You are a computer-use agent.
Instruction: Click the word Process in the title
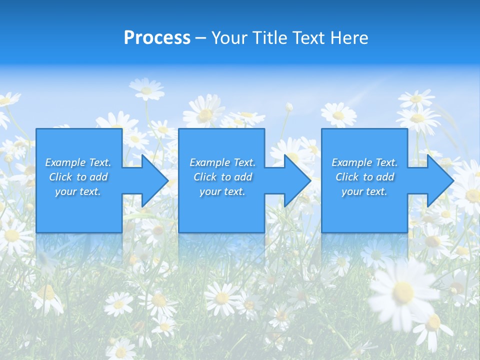157,38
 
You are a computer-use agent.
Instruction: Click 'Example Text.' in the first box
78,162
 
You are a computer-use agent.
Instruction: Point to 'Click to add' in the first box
78,177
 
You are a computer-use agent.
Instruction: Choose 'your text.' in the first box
78,191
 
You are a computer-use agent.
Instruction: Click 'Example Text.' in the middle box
222,162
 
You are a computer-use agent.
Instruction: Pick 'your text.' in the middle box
222,191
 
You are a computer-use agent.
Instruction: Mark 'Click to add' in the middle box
222,177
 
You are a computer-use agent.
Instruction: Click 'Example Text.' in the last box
364,162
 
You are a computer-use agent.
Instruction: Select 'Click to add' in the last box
364,177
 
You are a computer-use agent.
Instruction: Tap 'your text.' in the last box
364,191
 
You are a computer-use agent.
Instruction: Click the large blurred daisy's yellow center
403,291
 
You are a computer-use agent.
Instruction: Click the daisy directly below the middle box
222,298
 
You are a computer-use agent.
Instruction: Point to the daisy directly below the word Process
146,90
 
